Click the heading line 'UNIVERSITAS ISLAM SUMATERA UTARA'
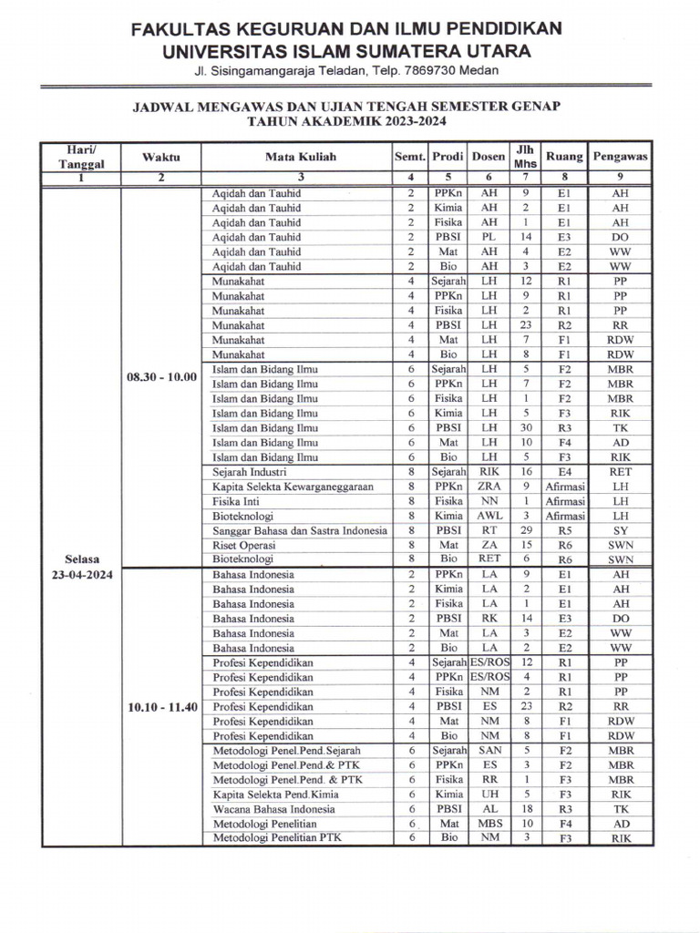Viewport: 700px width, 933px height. [x=345, y=51]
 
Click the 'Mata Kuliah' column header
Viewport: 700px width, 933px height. [x=300, y=157]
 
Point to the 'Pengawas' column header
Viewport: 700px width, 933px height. [x=621, y=157]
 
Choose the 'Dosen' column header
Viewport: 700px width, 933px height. [x=489, y=157]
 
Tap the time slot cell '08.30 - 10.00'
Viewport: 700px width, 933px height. [x=162, y=376]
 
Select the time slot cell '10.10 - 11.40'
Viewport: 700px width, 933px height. [x=162, y=706]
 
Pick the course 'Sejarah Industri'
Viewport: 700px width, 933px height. [x=250, y=472]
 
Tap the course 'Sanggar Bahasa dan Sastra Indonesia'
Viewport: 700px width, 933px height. [x=300, y=530]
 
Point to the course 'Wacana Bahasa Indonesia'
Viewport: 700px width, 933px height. [x=274, y=809]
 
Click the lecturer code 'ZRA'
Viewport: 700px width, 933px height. [x=489, y=487]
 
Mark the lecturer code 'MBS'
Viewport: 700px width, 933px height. [x=489, y=824]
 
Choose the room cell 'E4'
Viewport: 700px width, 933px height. [x=564, y=472]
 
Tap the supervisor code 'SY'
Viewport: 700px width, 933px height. [x=621, y=530]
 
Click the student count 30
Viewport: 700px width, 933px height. [x=525, y=428]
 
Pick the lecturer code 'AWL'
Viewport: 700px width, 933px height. [x=489, y=516]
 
